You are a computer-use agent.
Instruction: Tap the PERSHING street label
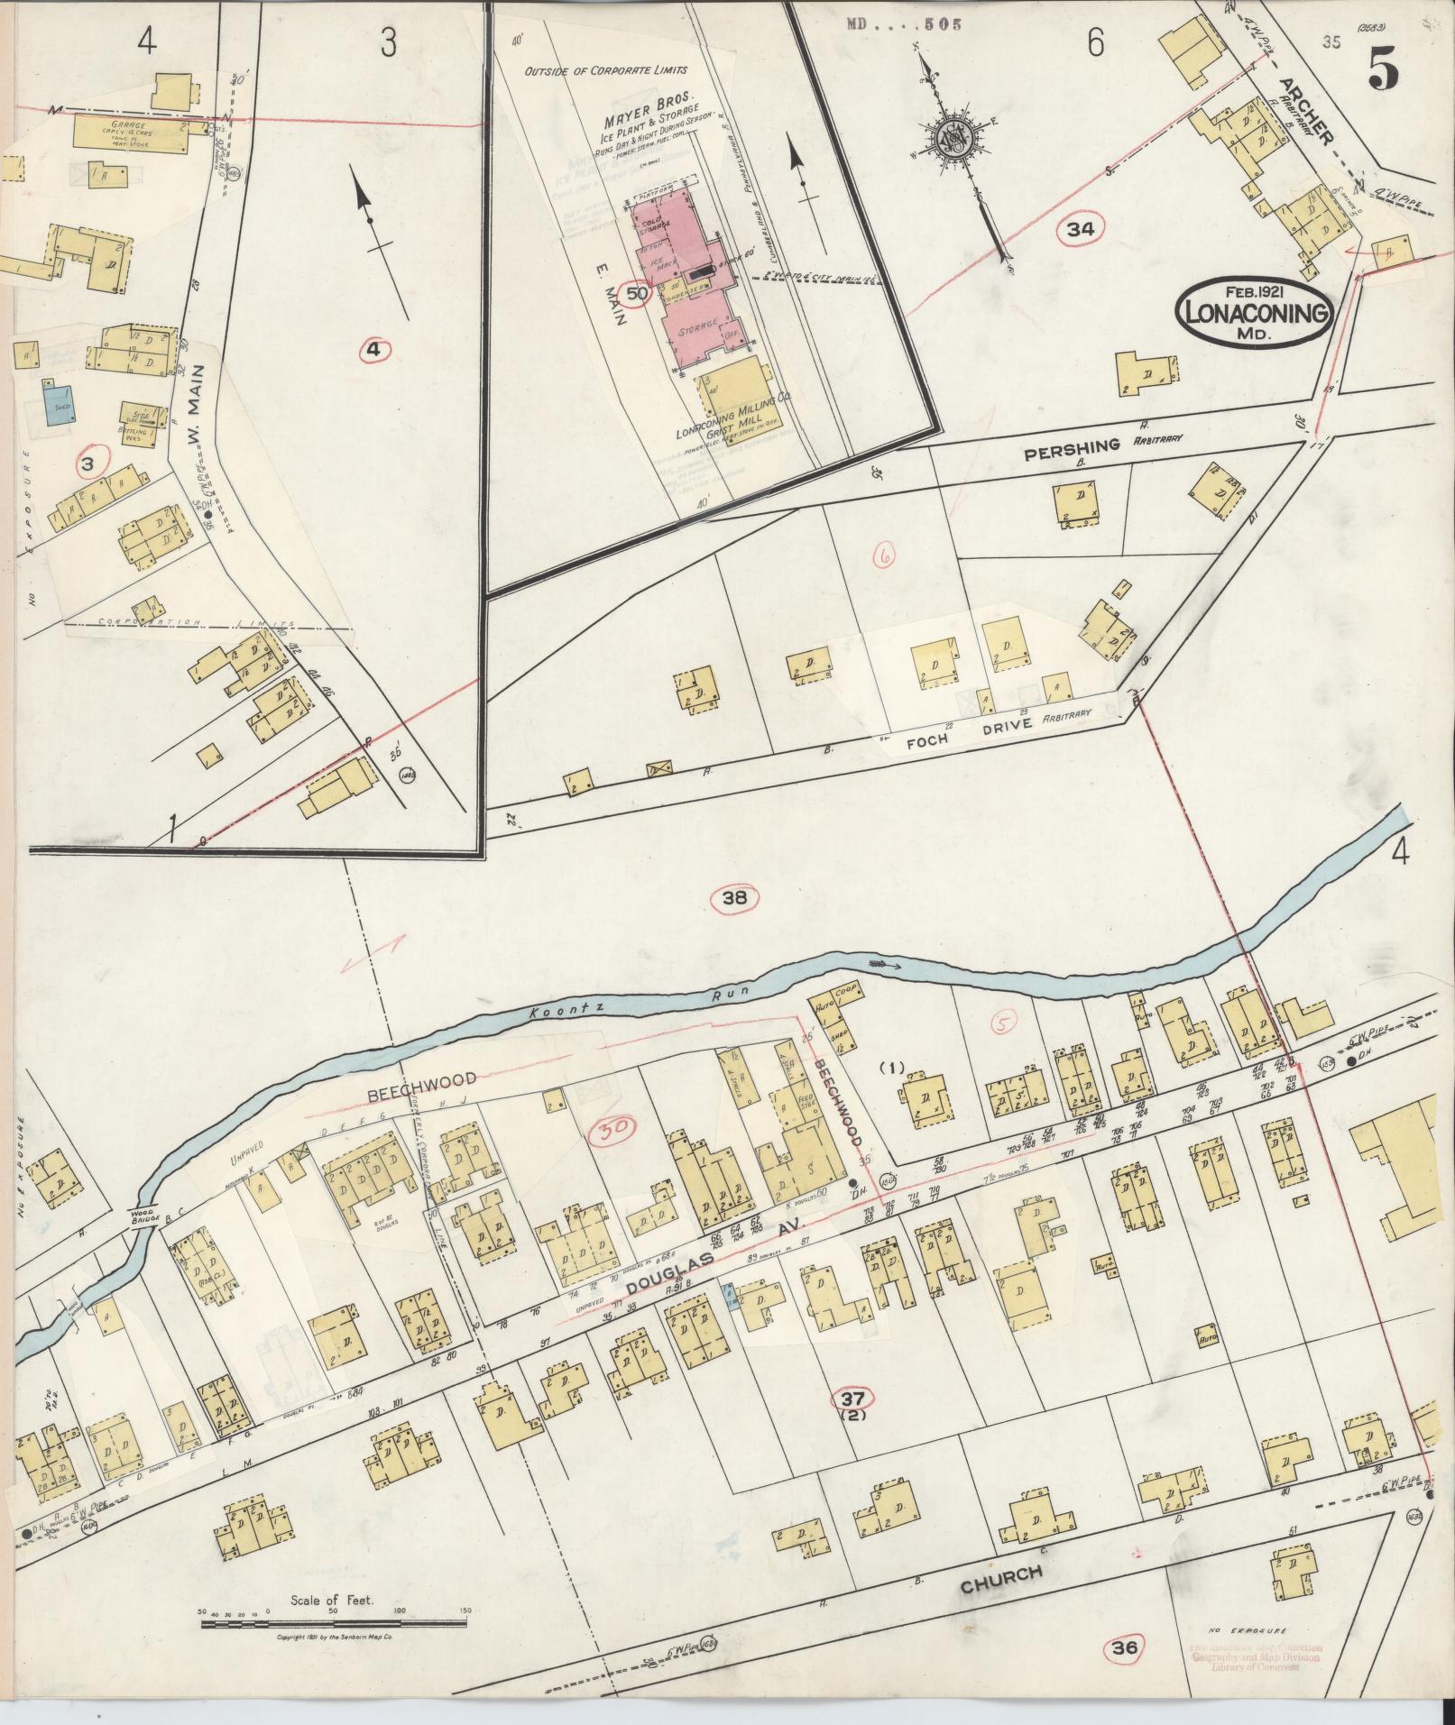1073,445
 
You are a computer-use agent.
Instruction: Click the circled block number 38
734,898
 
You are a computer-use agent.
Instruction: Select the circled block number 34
1080,230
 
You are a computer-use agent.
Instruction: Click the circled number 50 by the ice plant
637,293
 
